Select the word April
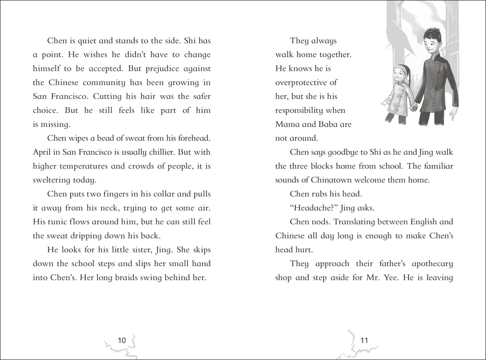pyautogui.click(x=42, y=152)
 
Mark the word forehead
pyautogui.click(x=192, y=138)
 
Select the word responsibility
pyautogui.click(x=304, y=111)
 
